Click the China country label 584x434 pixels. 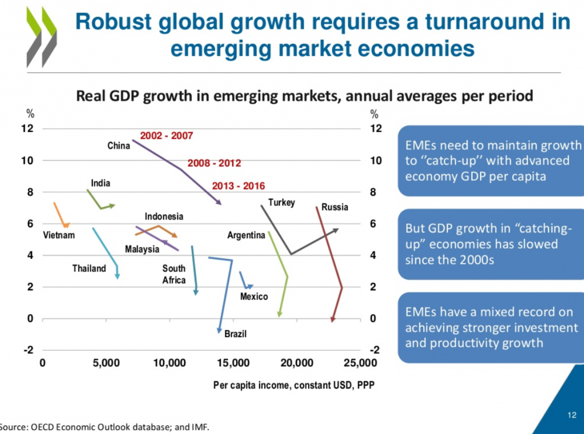point(119,146)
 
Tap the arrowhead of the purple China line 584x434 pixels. point(218,202)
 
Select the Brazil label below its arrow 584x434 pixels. point(235,334)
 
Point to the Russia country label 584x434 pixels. point(334,207)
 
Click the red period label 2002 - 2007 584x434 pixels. point(166,136)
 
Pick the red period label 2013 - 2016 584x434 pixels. point(238,186)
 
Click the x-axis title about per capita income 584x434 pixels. point(293,386)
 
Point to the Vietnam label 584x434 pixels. point(59,235)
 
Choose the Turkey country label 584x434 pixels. point(281,202)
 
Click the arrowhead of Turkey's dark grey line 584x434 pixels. point(336,230)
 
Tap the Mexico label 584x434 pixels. point(254,297)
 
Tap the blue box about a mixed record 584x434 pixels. point(490,328)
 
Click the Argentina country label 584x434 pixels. point(246,235)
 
